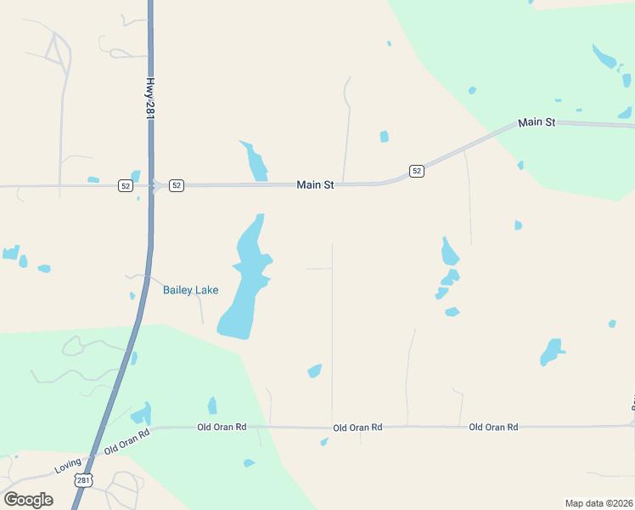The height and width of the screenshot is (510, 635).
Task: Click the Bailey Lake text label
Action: click(x=190, y=290)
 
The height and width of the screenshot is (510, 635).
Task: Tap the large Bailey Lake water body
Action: click(x=243, y=289)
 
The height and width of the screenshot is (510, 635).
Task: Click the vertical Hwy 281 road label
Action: click(x=150, y=99)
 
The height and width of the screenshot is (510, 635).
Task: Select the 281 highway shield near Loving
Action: click(x=82, y=480)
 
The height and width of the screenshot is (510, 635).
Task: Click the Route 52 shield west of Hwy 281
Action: click(x=126, y=185)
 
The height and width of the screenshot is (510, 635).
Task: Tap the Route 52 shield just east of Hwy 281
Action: click(x=176, y=185)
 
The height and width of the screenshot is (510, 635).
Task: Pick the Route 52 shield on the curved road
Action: click(x=416, y=171)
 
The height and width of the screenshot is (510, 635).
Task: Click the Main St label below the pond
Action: click(x=316, y=184)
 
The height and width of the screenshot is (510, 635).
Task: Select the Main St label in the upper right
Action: click(x=537, y=122)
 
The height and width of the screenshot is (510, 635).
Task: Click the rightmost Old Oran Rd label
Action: click(x=493, y=427)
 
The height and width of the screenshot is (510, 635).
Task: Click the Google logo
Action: click(x=29, y=499)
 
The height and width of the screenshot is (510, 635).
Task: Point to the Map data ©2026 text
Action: click(x=599, y=503)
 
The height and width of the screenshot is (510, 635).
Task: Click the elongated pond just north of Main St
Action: click(x=254, y=161)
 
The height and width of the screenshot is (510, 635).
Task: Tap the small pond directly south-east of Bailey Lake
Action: click(x=315, y=371)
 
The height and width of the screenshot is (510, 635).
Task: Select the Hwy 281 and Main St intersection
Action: click(x=152, y=185)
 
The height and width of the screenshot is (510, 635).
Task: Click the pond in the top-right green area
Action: click(x=604, y=58)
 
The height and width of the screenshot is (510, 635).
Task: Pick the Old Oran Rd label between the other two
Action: click(x=357, y=428)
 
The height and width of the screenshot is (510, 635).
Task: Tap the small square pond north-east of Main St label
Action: click(x=385, y=136)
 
